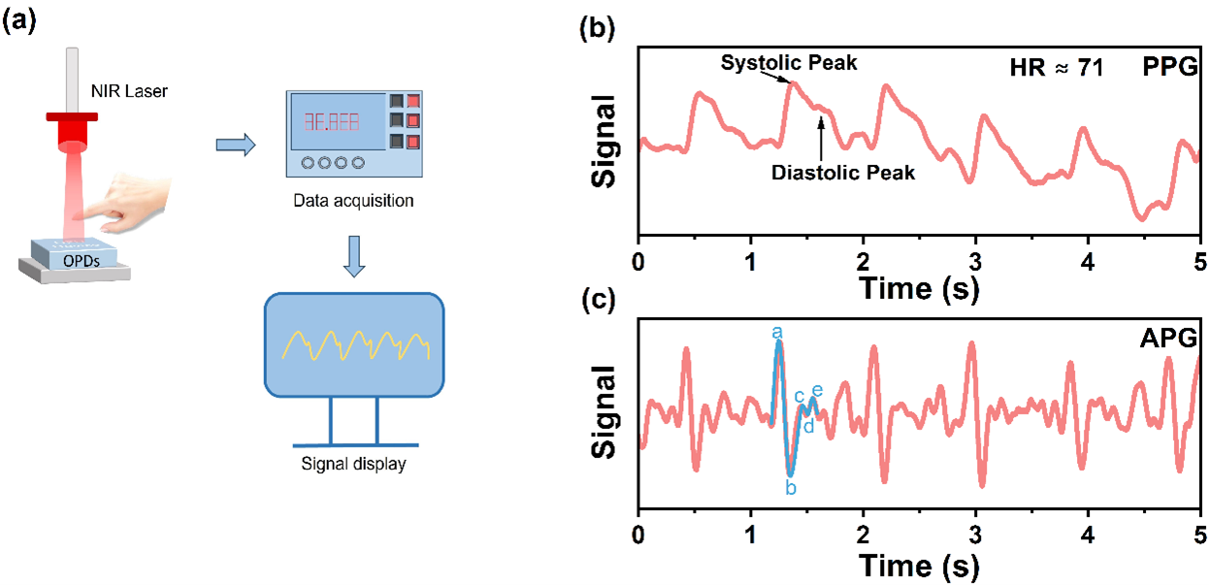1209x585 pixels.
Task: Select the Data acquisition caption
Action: click(353, 202)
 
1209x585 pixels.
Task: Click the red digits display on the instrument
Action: click(331, 123)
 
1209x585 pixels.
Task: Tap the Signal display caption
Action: click(353, 465)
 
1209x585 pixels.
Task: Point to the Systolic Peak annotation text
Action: click(788, 63)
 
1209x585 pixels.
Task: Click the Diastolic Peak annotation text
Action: click(843, 174)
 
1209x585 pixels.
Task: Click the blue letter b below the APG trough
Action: click(791, 488)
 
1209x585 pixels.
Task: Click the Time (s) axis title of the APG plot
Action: click(918, 564)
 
